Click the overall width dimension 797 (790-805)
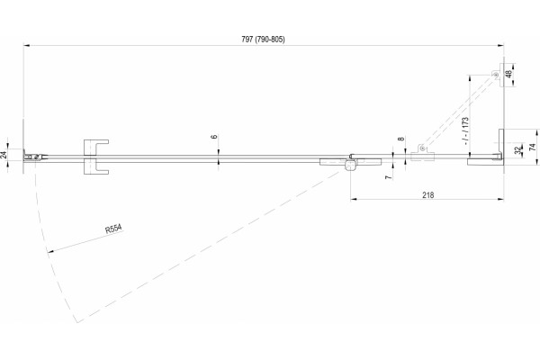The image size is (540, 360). coord(263,40)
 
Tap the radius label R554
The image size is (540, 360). coord(113,229)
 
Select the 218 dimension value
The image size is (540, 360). coord(428,195)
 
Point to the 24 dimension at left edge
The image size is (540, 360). coord(4,155)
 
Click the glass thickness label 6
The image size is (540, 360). coord(214,137)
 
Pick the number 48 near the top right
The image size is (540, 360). coord(509,74)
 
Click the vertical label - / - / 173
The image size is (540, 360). coord(465,130)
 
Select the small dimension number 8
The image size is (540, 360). coord(400,139)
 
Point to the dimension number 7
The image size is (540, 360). coord(389,177)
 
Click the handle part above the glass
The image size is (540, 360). coord(95,148)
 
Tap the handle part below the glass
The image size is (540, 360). coord(95,167)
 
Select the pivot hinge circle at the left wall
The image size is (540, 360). coord(36,157)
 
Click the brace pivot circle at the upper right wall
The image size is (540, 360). coord(496,75)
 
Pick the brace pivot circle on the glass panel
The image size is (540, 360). coord(422,148)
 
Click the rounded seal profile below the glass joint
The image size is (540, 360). coord(351,166)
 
